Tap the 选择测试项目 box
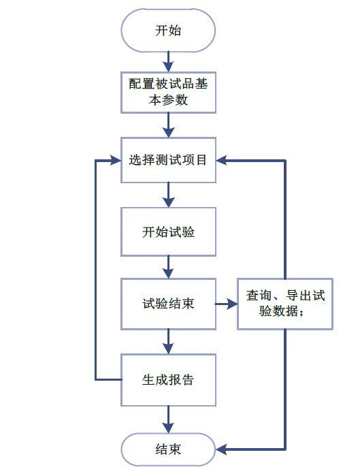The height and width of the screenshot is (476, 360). click(168, 161)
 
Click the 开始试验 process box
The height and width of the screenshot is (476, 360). click(168, 232)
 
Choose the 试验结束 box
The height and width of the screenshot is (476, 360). click(168, 303)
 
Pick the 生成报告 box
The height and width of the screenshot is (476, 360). click(168, 379)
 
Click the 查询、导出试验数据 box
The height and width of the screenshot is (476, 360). click(284, 304)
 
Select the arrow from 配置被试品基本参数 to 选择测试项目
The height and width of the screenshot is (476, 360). click(168, 126)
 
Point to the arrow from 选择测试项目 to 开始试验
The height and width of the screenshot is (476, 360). click(168, 195)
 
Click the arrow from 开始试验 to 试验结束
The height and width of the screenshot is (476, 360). click(168, 266)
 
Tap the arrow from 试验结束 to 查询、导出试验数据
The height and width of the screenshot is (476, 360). click(227, 304)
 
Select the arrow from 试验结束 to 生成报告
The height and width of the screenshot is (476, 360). click(168, 340)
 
